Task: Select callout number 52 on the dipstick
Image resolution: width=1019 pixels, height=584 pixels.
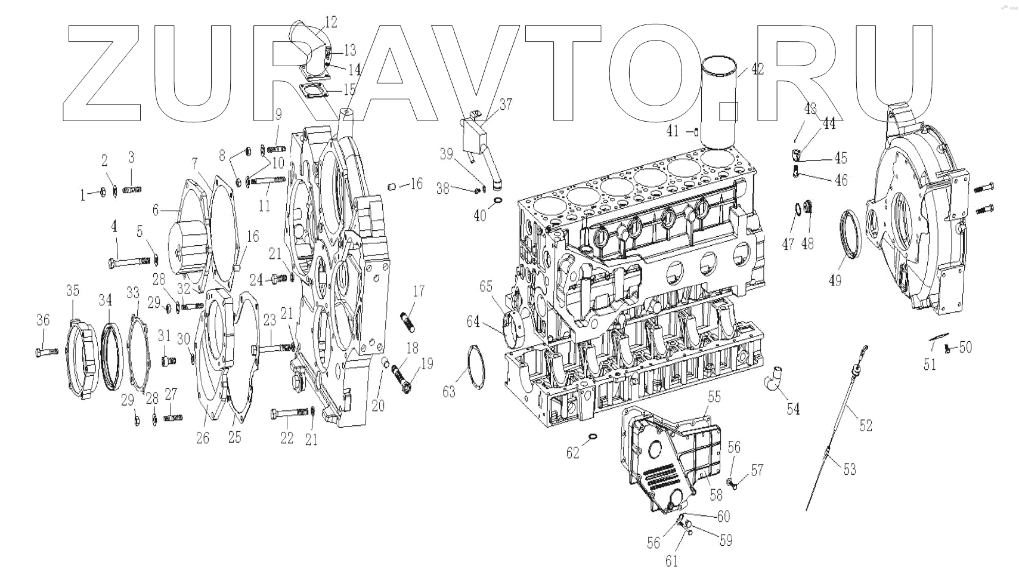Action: pos(865,425)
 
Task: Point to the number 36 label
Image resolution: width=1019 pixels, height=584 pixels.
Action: pos(43,320)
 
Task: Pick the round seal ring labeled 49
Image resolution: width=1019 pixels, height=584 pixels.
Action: pos(850,239)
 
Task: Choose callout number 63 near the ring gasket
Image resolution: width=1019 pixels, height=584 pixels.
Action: pos(448,391)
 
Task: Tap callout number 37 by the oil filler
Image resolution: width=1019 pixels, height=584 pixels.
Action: pos(506,105)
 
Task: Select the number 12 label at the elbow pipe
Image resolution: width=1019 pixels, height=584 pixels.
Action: pos(330,23)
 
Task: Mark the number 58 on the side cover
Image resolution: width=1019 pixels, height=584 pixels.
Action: pos(716,494)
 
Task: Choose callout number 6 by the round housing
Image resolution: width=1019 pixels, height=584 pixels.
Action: pos(156,209)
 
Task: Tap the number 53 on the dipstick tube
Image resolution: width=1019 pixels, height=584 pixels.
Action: pos(849,469)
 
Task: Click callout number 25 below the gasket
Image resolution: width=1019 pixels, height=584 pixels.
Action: pos(234,437)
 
